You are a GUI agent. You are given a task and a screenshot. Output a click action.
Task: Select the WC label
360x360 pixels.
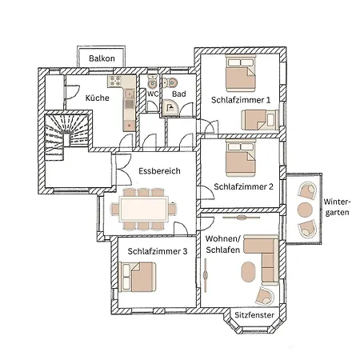152,94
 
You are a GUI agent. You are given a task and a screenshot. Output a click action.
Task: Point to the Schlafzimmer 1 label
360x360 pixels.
241,100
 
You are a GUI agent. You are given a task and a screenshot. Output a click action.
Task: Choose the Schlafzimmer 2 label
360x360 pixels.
243,186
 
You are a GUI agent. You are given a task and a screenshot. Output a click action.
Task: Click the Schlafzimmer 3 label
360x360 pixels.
157,251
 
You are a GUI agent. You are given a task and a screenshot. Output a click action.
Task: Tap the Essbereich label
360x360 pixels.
159,171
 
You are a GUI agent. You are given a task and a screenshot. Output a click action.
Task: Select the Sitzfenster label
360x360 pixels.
254,316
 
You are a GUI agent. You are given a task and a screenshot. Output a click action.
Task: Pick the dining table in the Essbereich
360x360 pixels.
144,210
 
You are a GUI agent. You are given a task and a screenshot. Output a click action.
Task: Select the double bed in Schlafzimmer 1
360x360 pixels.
240,78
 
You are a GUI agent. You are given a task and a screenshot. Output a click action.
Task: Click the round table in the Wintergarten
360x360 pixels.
305,210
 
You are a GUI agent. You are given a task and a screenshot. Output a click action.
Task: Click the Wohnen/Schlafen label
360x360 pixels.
223,245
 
